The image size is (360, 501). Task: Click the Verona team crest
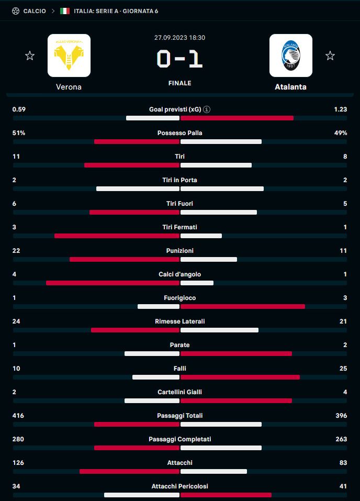(69, 55)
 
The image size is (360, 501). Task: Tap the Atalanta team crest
(290, 55)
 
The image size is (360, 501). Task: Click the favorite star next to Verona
(30, 55)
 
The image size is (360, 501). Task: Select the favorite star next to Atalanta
(330, 55)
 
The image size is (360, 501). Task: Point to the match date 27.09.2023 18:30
(179, 38)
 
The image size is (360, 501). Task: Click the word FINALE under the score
(179, 83)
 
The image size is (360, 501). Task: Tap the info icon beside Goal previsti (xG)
(207, 109)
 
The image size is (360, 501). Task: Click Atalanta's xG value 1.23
(340, 109)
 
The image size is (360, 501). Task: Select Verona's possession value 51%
(19, 133)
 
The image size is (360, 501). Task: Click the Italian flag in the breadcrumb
(65, 11)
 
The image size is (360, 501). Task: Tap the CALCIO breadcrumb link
(35, 11)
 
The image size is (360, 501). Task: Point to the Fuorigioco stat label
(179, 298)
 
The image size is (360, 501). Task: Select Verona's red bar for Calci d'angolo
(113, 283)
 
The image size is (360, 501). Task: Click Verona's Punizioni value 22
(16, 251)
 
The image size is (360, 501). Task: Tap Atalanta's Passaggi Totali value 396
(341, 416)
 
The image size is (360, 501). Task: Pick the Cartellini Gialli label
(179, 392)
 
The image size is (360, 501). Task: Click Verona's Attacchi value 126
(18, 463)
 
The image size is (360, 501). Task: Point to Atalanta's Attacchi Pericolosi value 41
(343, 486)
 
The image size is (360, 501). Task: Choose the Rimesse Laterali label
(179, 321)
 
